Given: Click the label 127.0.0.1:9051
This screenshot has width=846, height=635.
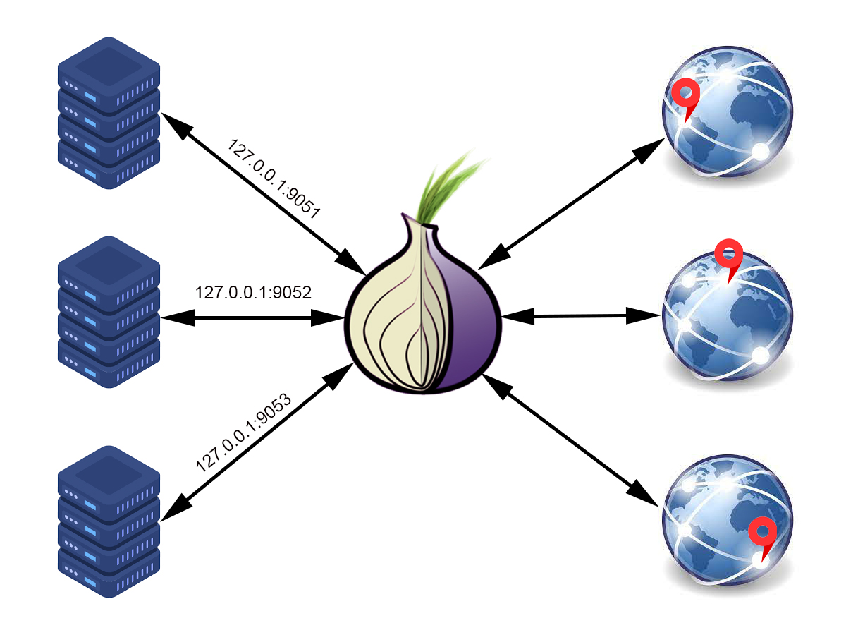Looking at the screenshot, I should (x=274, y=181).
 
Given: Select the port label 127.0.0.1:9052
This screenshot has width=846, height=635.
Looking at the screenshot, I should (x=253, y=291).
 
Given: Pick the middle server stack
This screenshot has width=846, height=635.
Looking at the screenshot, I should (x=109, y=310).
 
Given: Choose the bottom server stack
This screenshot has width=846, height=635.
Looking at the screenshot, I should (x=109, y=521).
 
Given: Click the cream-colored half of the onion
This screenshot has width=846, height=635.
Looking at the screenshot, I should (x=391, y=317).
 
